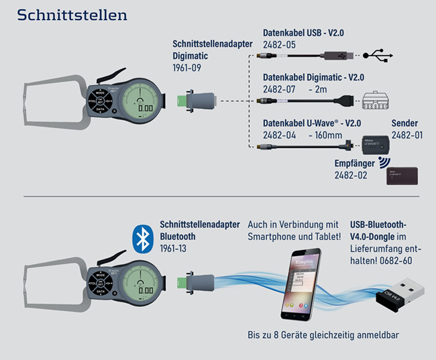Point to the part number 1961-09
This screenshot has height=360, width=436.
coord(187,68)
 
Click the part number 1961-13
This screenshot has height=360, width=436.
coord(174,247)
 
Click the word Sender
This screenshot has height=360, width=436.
coord(404,123)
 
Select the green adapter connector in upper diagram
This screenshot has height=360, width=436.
coord(180,102)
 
